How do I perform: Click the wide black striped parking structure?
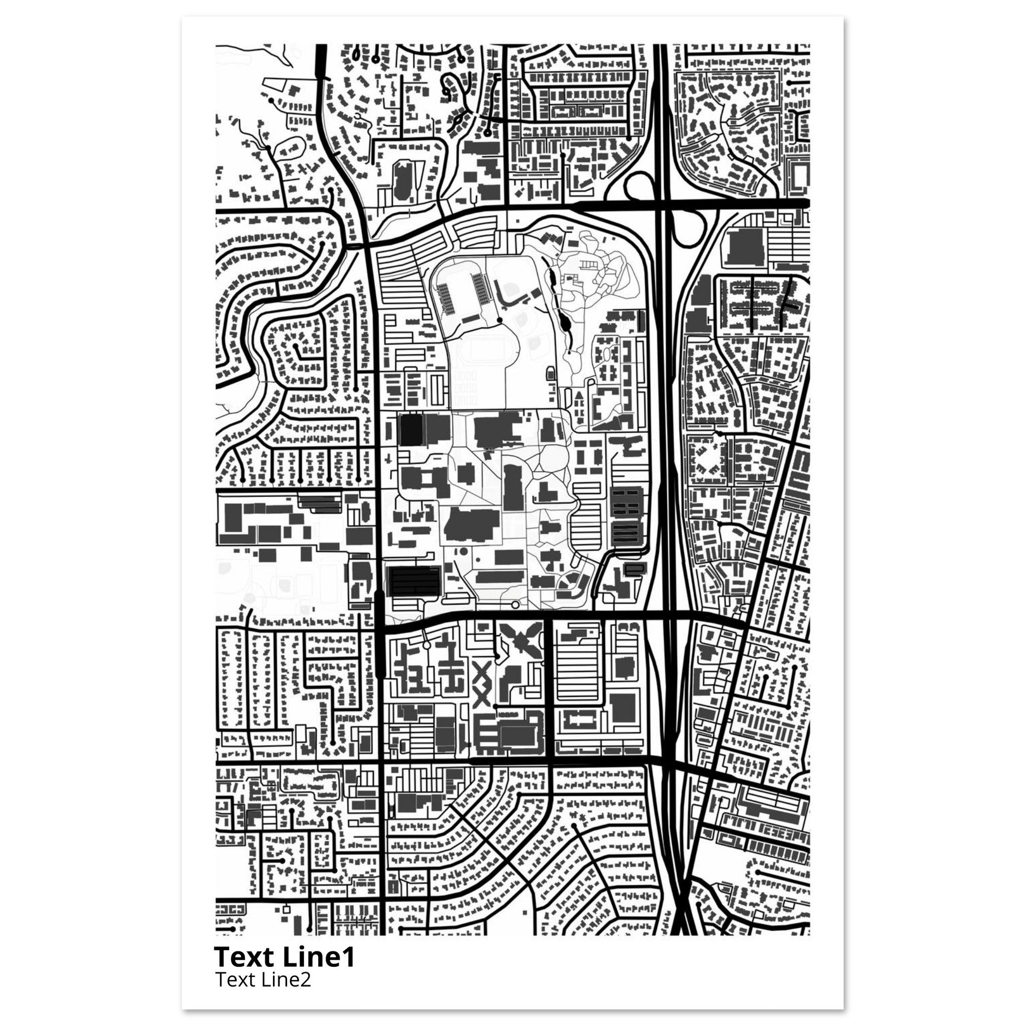[x=415, y=580]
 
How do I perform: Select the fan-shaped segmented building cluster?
[x=568, y=585]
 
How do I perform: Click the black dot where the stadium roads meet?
[x=499, y=320]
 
